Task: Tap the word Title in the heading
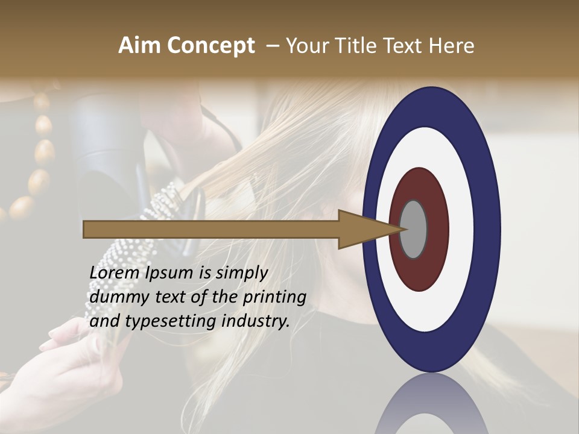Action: coord(356,46)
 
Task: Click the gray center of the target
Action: coord(414,229)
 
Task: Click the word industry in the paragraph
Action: coord(256,322)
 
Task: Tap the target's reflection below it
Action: coord(431,404)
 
